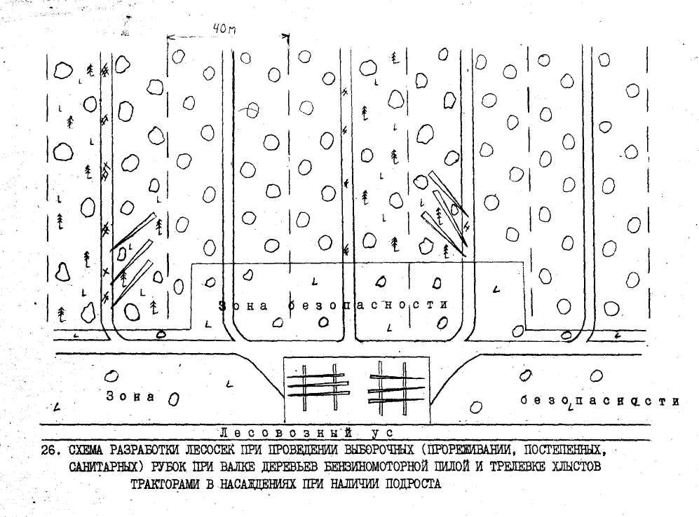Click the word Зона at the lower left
pyautogui.click(x=130, y=396)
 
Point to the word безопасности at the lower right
pyautogui.click(x=600, y=401)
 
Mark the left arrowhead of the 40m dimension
pyautogui.click(x=169, y=35)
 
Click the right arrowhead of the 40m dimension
pyautogui.click(x=287, y=35)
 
